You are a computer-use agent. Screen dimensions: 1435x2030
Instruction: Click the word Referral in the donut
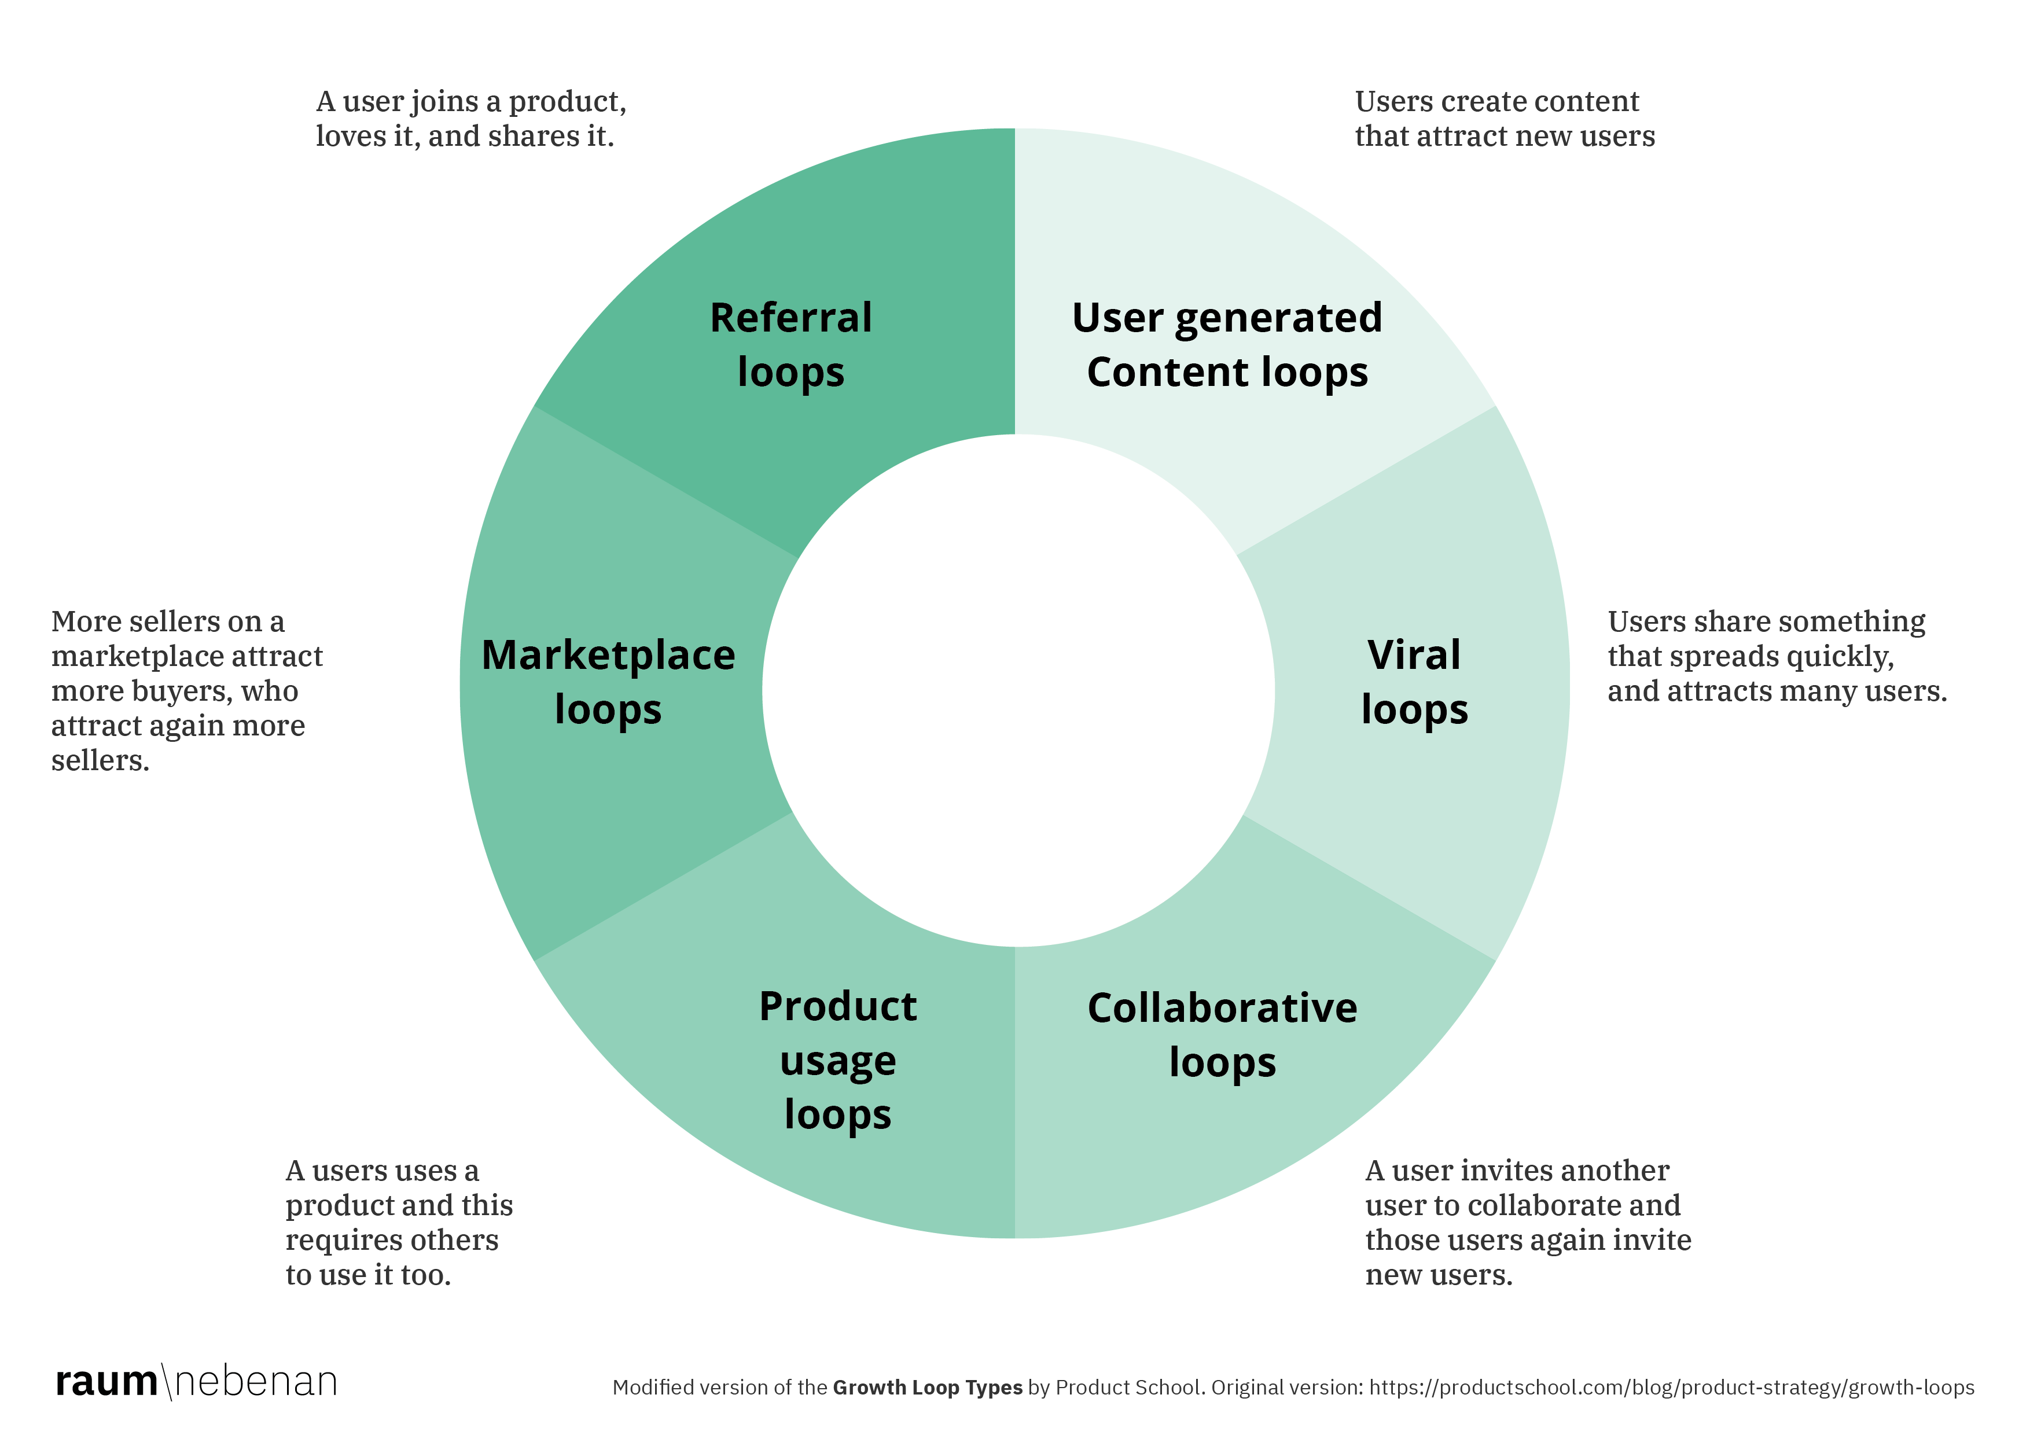[790, 318]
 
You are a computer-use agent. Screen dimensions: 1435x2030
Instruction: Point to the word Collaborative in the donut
[1222, 1008]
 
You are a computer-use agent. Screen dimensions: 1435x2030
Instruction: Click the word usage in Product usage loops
[837, 1061]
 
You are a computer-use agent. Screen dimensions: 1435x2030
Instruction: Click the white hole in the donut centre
[1017, 690]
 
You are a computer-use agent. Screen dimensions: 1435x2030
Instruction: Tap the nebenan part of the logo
[256, 1382]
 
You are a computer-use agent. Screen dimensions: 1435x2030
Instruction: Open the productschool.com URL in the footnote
[1671, 1387]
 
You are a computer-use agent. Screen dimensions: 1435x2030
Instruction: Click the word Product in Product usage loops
[837, 1006]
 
